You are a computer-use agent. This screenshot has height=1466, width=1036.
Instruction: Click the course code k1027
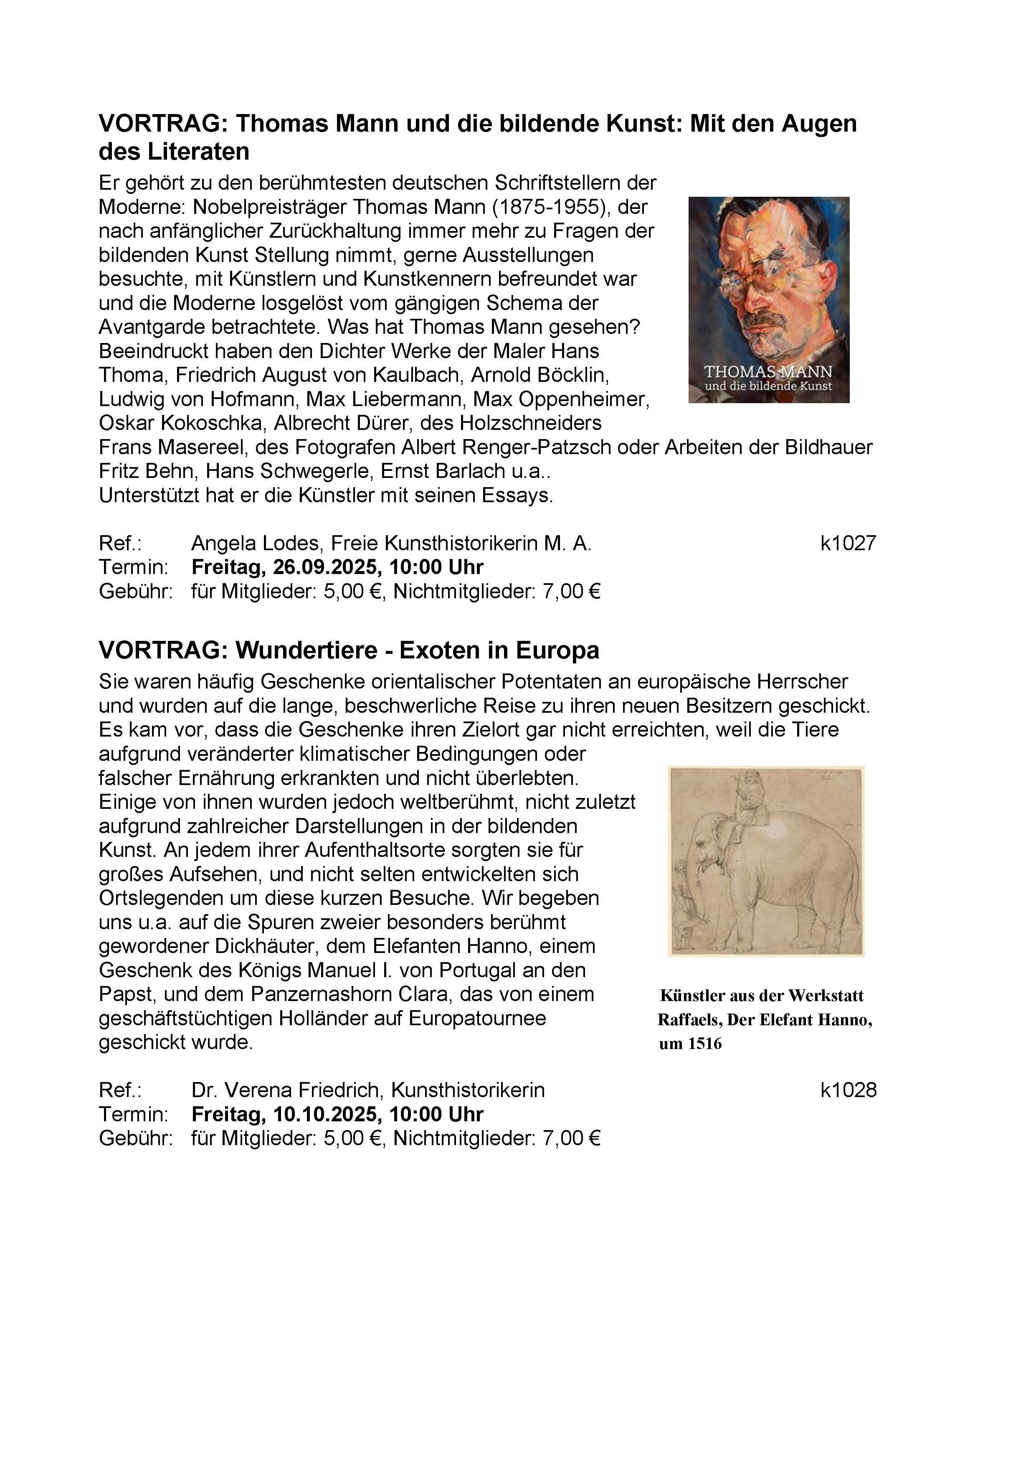click(x=848, y=544)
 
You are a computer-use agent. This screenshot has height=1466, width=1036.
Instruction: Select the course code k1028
click(x=848, y=1090)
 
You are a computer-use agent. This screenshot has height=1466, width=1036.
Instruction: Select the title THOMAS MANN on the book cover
click(x=768, y=371)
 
